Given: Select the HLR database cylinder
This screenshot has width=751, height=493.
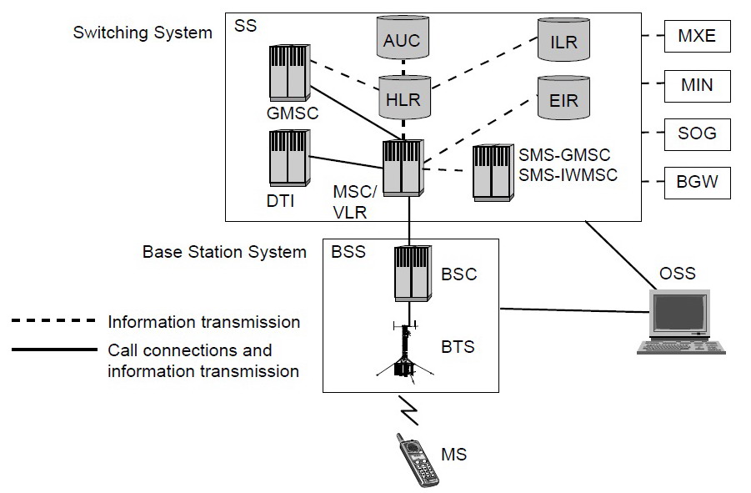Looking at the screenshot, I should click(x=403, y=98).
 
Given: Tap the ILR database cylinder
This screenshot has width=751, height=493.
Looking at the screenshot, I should click(x=564, y=39).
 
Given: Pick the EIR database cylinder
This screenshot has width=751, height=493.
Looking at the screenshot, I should click(x=564, y=99).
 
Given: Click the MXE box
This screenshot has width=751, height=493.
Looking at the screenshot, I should click(x=697, y=37).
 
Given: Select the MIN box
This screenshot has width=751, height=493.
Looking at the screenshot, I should click(x=697, y=85).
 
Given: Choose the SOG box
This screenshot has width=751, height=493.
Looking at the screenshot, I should click(x=697, y=133).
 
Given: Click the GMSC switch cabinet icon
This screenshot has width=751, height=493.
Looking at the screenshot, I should click(x=288, y=72).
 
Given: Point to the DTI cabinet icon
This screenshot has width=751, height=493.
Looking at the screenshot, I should click(x=288, y=158).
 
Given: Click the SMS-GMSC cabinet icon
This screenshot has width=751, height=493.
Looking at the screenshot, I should click(x=493, y=172).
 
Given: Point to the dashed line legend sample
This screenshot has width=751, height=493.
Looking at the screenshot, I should click(x=54, y=321).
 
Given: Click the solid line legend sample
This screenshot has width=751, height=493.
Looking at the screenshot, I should click(x=54, y=350).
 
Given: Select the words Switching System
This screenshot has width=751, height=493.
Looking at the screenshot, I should click(x=143, y=33).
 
